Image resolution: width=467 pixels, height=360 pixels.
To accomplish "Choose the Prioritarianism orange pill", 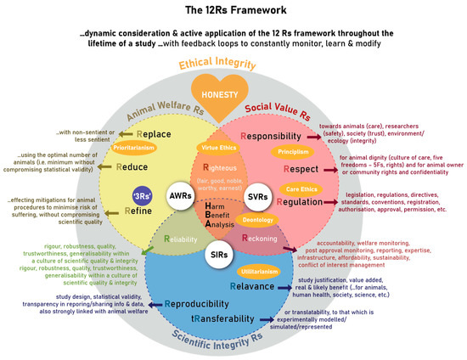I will click(138, 148).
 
